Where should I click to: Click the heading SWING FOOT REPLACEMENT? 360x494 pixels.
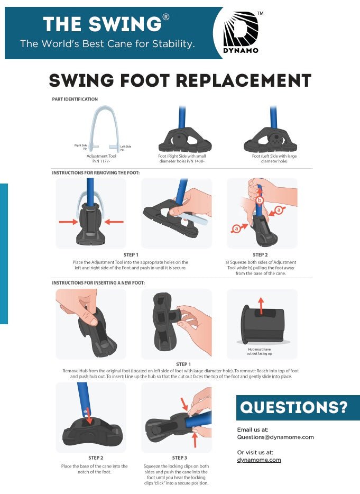coord(180,80)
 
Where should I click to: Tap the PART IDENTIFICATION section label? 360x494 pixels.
coord(75,99)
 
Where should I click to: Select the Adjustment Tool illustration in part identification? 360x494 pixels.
coord(104,127)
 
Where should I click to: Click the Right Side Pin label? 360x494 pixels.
coord(80,147)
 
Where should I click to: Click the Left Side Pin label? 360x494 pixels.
coord(126,148)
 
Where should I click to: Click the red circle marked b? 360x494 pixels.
coord(260,200)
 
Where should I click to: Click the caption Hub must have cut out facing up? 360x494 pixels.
coord(260,351)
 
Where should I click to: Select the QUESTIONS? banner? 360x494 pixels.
coord(298,407)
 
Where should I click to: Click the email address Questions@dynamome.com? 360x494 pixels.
coord(275,437)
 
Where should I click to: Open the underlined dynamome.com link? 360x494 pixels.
coord(259,460)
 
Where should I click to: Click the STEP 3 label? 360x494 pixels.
coord(179,458)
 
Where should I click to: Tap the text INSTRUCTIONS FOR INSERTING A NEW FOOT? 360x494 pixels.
coord(98,283)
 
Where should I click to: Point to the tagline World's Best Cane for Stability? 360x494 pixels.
coord(107,44)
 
